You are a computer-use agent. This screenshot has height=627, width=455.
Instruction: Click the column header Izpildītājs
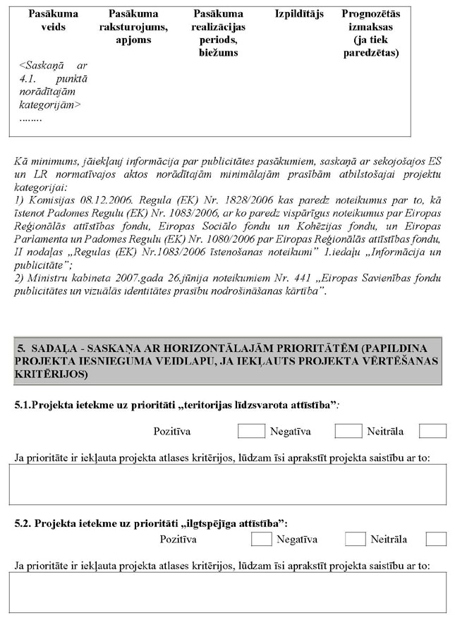pos(299,14)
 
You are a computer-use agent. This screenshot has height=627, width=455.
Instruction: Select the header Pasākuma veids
pos(48,20)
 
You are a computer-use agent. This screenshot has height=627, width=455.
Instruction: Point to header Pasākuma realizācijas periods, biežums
pos(218,33)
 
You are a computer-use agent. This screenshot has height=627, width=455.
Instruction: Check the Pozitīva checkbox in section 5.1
pos(251,431)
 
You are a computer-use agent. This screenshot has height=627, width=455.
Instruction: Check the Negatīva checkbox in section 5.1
pos(348,431)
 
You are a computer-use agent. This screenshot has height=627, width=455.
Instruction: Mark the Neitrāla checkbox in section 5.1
pos(432,431)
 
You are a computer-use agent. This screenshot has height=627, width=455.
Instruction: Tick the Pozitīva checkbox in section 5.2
pos(262,540)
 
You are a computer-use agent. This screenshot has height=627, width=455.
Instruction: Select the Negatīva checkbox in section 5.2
pos(355,540)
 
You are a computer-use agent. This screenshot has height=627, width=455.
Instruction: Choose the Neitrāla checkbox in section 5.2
pos(436,540)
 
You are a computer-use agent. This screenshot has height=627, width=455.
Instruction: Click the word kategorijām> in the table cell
pos(50,105)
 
